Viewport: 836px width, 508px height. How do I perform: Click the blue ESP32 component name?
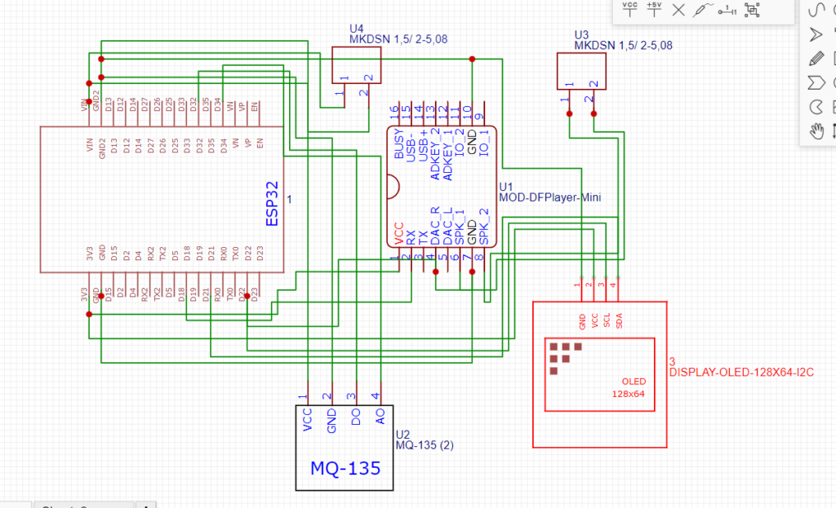(x=272, y=203)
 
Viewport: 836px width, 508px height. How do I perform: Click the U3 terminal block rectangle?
(x=582, y=71)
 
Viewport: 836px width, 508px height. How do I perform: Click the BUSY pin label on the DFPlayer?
(x=398, y=143)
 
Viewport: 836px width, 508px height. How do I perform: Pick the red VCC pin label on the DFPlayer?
(x=398, y=233)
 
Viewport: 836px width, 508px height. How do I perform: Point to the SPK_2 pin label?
(x=485, y=227)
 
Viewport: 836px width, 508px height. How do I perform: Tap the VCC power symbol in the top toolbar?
(x=630, y=9)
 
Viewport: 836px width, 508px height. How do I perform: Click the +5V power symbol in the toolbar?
(x=653, y=9)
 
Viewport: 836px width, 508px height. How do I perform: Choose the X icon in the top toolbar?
(x=678, y=10)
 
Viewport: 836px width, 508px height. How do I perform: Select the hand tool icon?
(x=816, y=130)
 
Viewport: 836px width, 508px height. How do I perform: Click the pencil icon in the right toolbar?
(x=816, y=58)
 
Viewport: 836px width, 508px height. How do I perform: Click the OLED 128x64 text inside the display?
(x=633, y=387)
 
